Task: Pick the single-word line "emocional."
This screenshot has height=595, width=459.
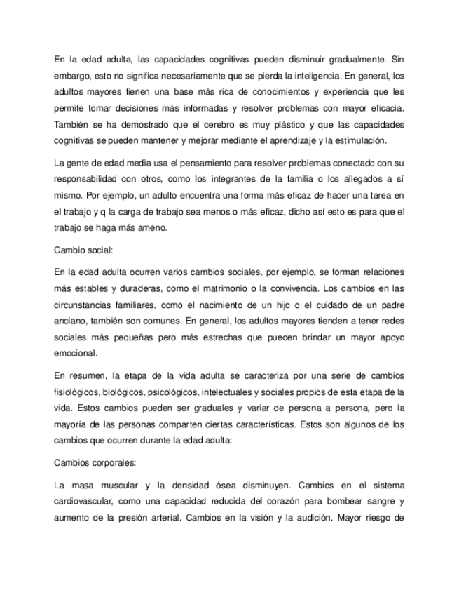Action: tap(76, 354)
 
